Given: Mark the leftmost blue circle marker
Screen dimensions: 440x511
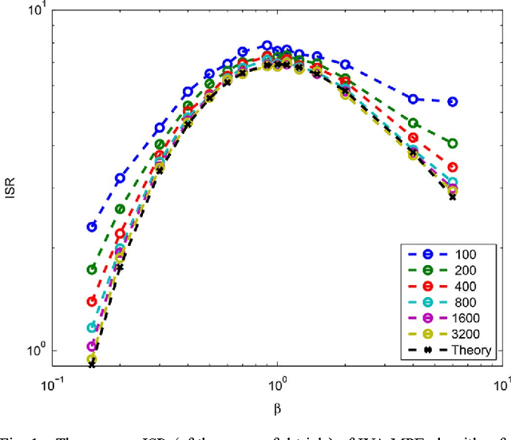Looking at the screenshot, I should [x=92, y=227].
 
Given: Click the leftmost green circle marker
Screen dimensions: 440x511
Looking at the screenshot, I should [x=92, y=269].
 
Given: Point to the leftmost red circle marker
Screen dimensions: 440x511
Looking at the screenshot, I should [x=92, y=301].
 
